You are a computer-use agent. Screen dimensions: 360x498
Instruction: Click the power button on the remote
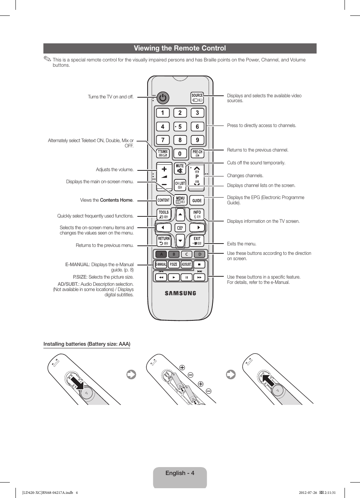coord(163,98)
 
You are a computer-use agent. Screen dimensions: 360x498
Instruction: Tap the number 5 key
coord(180,127)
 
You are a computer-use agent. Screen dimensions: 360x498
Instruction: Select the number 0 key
coord(180,153)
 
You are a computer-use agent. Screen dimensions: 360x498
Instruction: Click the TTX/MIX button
coord(163,153)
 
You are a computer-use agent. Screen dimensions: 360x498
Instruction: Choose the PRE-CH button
coord(197,153)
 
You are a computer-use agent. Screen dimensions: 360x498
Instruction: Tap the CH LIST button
coord(180,185)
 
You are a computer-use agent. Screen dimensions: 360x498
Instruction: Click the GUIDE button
coord(197,201)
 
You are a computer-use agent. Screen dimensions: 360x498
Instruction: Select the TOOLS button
coord(164,215)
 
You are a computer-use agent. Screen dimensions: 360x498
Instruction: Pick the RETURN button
coord(164,241)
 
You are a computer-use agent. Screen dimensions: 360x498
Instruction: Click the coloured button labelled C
coord(187,254)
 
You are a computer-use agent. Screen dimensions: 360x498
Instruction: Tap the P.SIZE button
coord(174,264)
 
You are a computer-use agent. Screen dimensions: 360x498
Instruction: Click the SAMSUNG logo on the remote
coord(180,293)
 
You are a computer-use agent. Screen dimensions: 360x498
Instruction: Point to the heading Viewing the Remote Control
coord(180,48)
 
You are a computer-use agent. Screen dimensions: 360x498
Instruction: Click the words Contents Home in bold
coord(116,200)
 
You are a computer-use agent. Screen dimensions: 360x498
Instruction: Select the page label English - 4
coord(180,473)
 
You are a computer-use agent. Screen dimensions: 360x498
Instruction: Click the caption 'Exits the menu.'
coord(242,244)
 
